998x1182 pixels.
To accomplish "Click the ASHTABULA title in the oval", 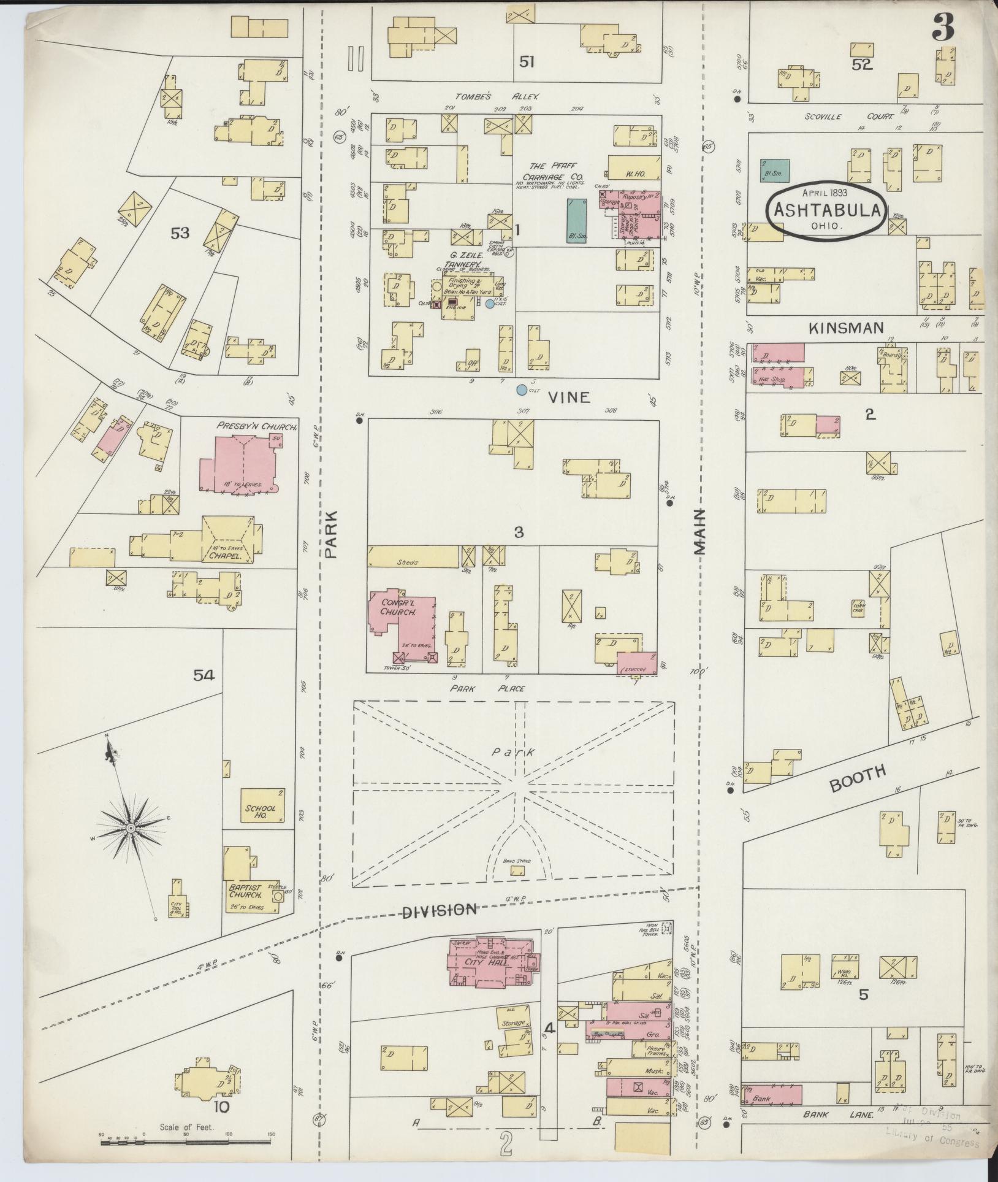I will click(x=827, y=210).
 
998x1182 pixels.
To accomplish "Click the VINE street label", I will click(x=568, y=397).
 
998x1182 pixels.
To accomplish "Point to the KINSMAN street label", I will click(x=846, y=329).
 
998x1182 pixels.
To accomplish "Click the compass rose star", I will click(x=131, y=828).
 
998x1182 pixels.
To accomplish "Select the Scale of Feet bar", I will click(x=187, y=1142).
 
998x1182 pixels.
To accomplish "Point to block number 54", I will click(x=204, y=675).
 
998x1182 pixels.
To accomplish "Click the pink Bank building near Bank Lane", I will click(x=771, y=1094).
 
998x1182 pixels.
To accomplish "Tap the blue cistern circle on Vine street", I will click(x=521, y=390).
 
